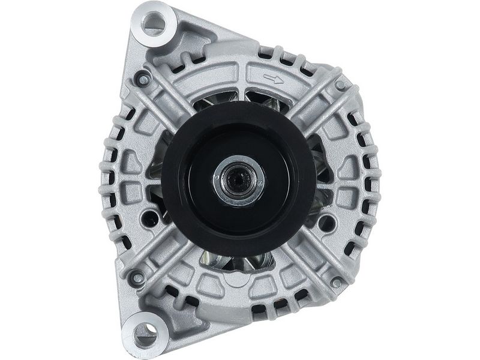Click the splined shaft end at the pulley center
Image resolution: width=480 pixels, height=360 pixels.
click(239, 178)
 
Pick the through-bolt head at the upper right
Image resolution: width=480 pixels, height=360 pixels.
click(340, 86)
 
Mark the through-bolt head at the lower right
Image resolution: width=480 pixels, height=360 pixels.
click(336, 282)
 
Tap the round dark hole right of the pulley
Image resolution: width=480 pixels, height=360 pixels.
click(326, 223)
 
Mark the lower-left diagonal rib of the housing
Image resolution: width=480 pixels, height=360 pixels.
click(168, 252)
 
